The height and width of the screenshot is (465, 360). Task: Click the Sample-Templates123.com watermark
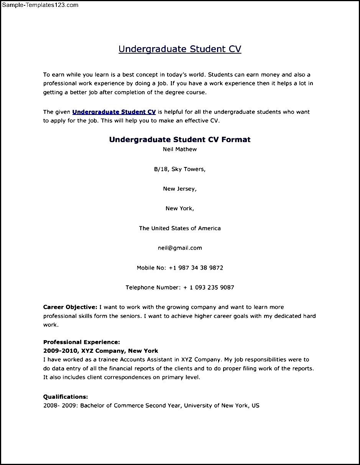pos(40,5)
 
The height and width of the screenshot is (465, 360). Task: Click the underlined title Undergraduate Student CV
pos(180,49)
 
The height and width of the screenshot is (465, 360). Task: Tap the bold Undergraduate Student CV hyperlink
pos(114,112)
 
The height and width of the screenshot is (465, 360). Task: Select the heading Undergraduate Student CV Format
pos(180,139)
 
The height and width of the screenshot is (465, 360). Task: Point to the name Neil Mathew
pos(180,149)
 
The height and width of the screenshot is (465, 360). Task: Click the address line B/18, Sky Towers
pos(180,169)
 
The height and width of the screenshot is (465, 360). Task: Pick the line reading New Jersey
pos(180,189)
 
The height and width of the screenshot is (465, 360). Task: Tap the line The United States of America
pos(180,228)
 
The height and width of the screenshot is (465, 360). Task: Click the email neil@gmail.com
pos(180,248)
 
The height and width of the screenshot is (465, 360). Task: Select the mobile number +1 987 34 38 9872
pos(196,268)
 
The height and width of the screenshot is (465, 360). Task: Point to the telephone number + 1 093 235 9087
pos(209,288)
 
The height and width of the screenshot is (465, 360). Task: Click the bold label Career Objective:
pos(70,307)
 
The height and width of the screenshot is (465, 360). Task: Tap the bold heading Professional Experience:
pos(82,342)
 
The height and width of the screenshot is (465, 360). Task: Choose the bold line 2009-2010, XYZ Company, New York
pos(100,351)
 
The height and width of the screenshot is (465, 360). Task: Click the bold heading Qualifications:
pos(66,397)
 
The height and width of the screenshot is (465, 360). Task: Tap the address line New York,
pos(180,208)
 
